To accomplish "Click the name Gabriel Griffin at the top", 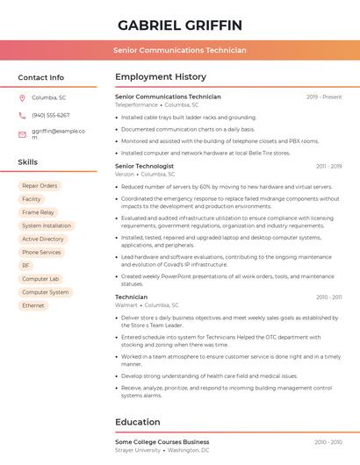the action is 180,25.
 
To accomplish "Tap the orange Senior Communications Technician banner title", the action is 180,51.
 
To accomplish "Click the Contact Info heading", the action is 41,77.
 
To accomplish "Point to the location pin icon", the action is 22,97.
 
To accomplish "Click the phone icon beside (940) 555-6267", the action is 22,115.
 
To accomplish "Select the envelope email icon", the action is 22,134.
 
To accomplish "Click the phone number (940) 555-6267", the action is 51,115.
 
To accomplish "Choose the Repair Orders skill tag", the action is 40,186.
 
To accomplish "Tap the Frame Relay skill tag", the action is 38,212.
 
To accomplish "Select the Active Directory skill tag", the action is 43,239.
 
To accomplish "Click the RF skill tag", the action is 26,265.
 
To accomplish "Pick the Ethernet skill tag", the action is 33,305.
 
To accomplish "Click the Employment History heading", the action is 161,77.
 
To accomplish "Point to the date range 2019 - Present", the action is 324,97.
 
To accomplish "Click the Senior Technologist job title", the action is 145,166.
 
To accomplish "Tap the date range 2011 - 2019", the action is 328,166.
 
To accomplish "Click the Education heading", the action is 138,422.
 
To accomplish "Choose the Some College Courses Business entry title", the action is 162,441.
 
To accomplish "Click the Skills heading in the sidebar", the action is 28,162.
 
